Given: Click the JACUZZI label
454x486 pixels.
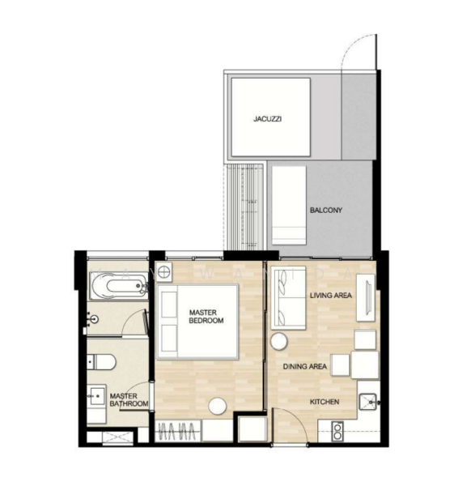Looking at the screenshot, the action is click(267, 119).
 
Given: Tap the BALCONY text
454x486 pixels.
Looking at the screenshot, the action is click(326, 210).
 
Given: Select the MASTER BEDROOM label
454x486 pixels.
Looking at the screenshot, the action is click(206, 317).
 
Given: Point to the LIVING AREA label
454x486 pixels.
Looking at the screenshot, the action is click(331, 296).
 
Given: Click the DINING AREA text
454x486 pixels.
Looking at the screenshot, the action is click(305, 367).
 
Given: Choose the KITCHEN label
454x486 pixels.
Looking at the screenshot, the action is click(325, 402).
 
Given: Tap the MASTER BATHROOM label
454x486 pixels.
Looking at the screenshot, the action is click(129, 400).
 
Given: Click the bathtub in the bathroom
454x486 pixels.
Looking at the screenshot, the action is click(119, 286).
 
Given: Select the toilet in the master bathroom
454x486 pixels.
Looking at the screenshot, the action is click(101, 362).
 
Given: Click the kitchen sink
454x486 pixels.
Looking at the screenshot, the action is click(368, 402).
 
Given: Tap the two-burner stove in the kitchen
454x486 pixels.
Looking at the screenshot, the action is click(337, 432).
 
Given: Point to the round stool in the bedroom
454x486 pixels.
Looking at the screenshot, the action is click(218, 406).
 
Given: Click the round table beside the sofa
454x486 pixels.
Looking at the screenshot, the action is click(279, 342).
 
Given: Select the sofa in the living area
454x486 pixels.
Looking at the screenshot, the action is click(289, 297).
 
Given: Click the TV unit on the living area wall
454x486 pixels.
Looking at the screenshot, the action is click(366, 297).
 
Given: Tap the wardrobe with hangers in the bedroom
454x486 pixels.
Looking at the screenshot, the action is click(178, 431).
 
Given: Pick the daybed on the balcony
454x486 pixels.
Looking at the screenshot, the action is click(289, 206).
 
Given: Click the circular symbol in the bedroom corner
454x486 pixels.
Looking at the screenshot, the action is click(163, 272).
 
